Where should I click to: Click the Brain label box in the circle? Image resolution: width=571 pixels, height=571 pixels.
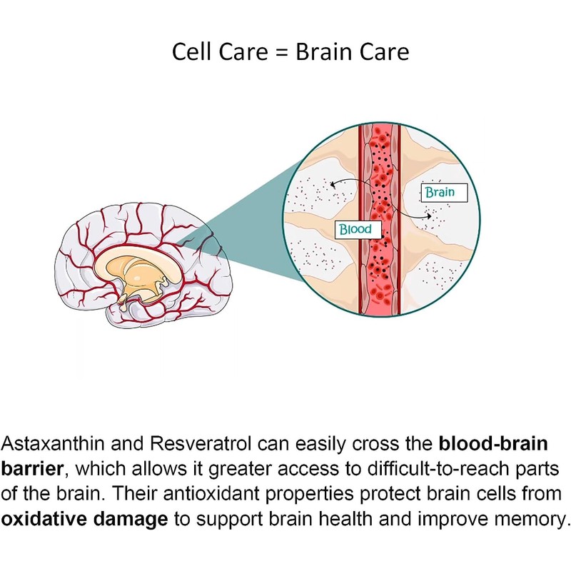click(x=438, y=192)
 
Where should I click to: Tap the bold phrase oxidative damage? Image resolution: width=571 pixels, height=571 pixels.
click(x=85, y=518)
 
